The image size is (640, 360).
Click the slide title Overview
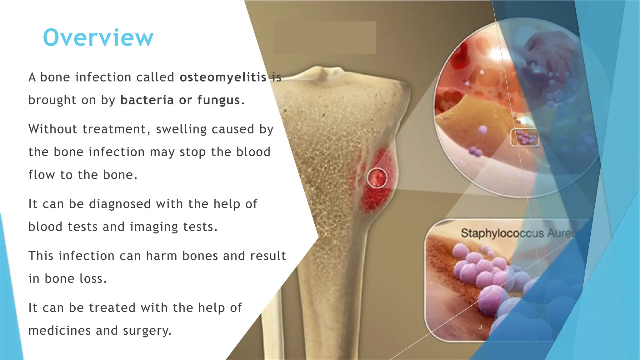(98, 38)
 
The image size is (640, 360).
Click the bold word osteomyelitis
(223, 77)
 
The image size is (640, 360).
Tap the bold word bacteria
(147, 100)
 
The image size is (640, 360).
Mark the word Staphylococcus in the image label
(502, 233)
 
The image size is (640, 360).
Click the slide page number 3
(480, 327)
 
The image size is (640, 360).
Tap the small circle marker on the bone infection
(377, 178)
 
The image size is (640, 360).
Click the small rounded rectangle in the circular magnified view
(525, 137)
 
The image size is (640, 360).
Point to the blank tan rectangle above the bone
(325, 37)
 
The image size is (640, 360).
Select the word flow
(42, 175)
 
